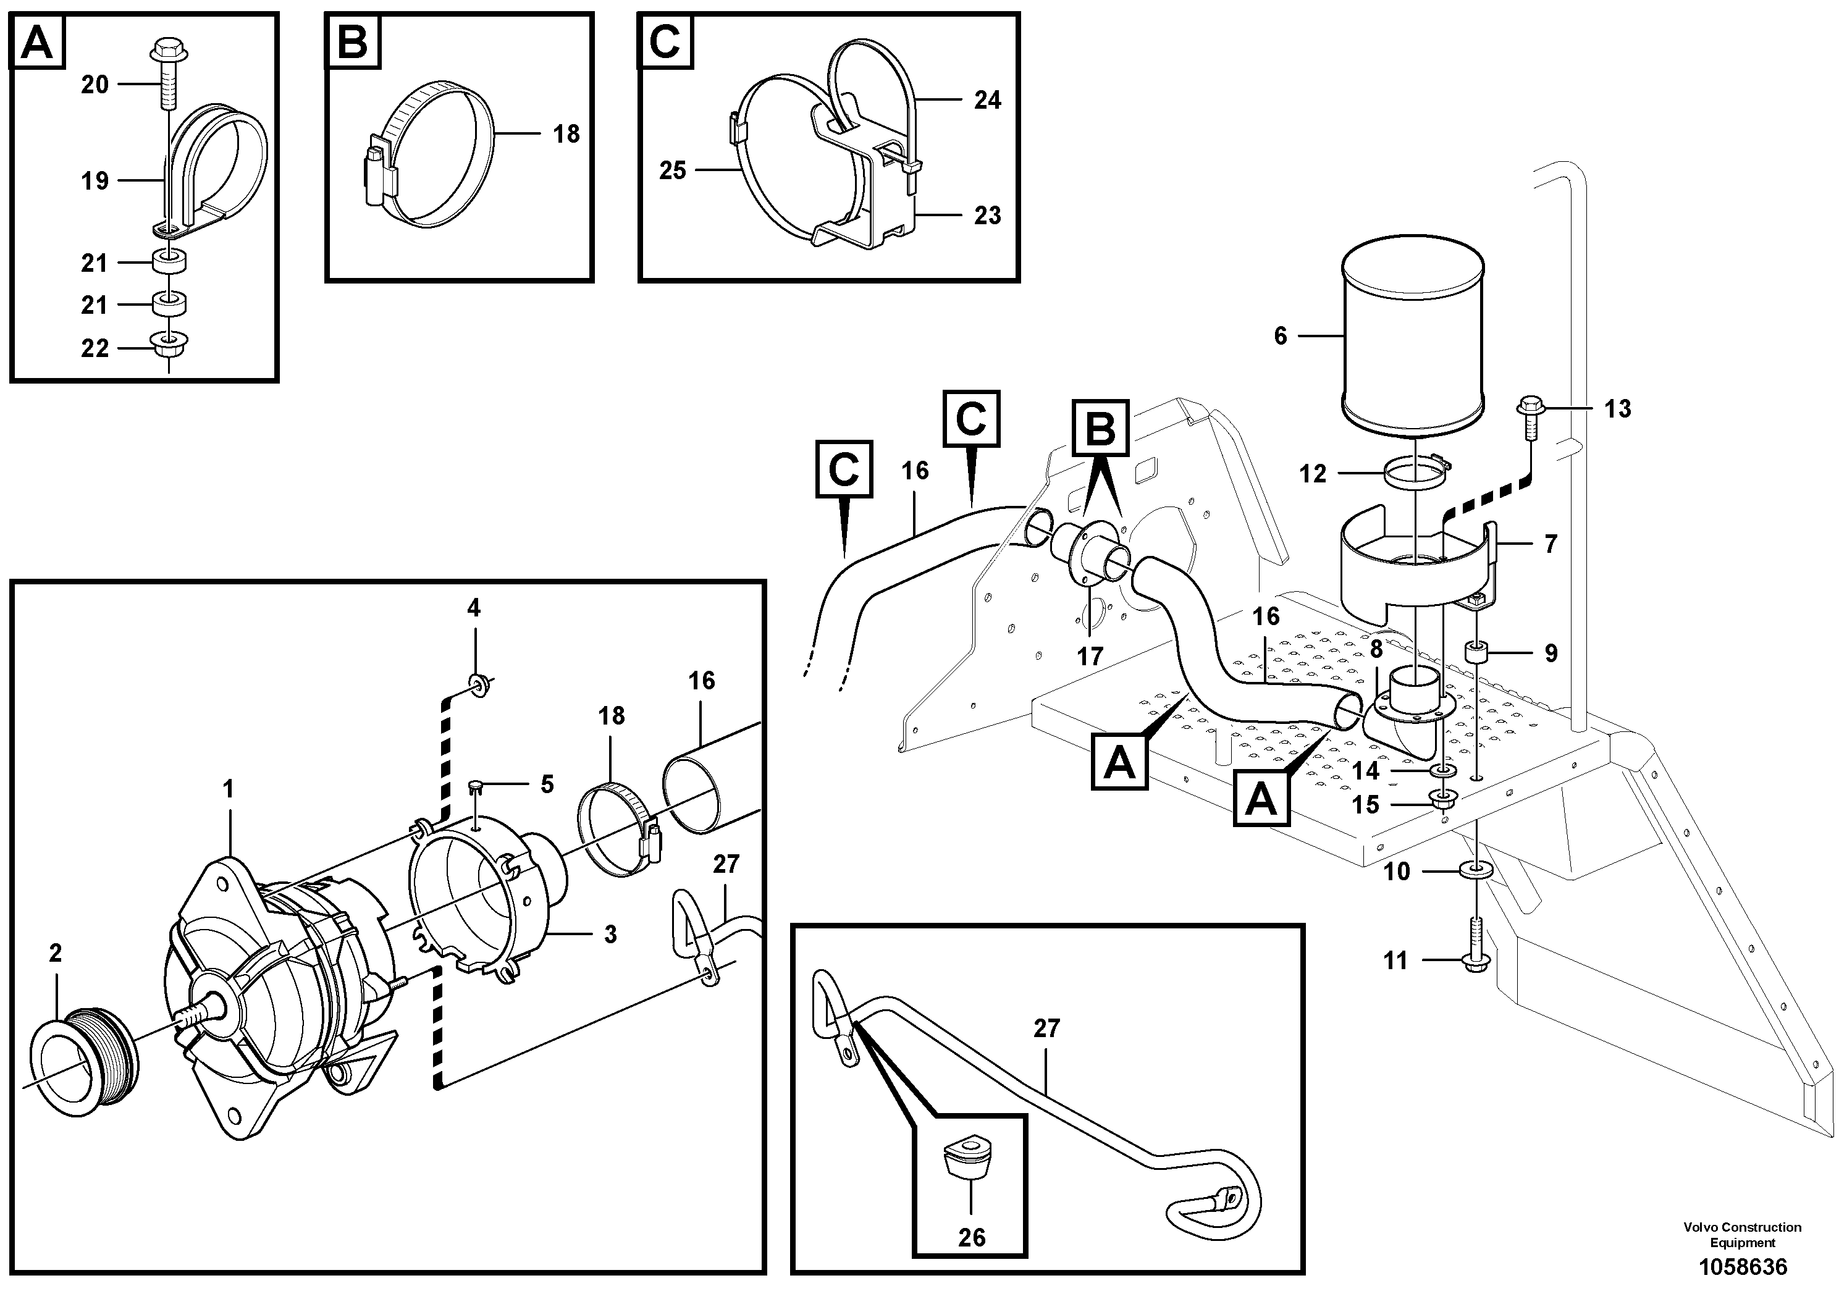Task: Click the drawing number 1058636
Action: [x=1743, y=1267]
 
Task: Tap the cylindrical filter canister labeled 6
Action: [x=1413, y=337]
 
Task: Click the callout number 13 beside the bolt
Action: [x=1617, y=410]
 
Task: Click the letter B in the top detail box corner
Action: [x=353, y=41]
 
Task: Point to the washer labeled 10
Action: [x=1475, y=870]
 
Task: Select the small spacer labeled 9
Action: [x=1477, y=652]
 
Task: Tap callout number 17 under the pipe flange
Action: [x=1089, y=657]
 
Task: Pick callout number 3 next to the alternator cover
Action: [x=610, y=934]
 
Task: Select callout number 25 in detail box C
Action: [x=673, y=170]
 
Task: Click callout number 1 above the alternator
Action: [x=229, y=789]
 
